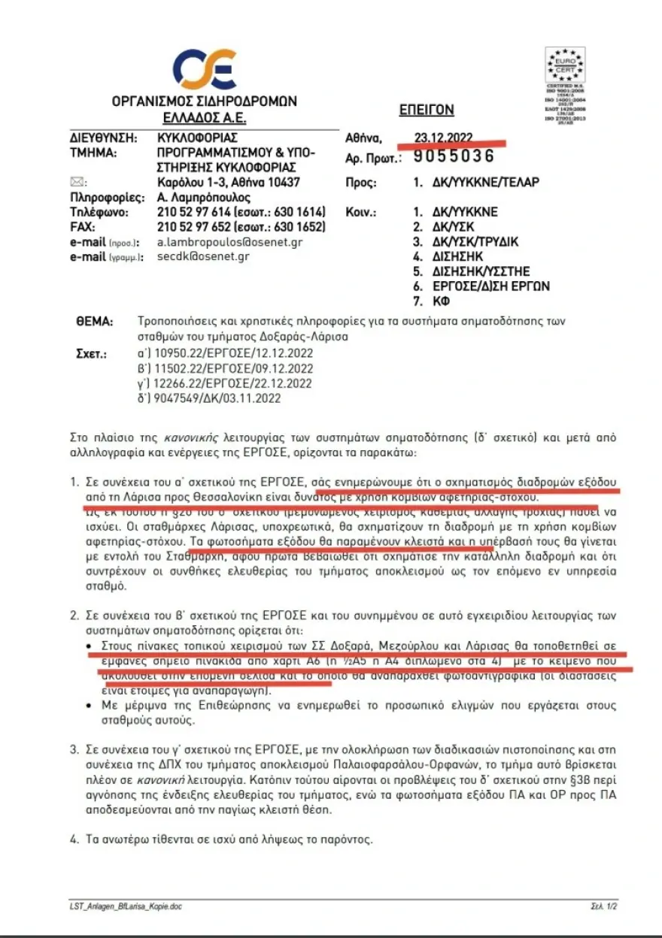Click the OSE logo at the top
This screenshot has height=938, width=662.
205,71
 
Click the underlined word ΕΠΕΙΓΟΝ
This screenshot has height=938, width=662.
426,110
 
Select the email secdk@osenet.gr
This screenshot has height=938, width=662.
203,256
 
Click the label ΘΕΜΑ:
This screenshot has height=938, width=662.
95,322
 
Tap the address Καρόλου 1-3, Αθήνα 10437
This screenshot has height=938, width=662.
228,183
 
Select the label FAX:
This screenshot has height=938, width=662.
84,227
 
